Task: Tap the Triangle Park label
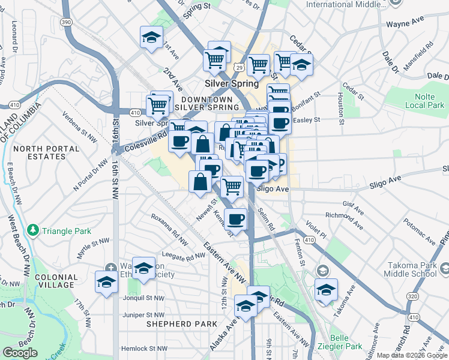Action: [58, 230]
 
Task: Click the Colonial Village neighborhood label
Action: [56, 282]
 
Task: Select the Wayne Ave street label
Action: [405, 25]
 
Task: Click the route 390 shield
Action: [65, 22]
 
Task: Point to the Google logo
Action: [20, 353]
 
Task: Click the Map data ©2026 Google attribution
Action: [412, 355]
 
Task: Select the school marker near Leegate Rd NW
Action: [143, 269]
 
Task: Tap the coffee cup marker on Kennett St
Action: [237, 219]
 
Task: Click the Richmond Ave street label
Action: [344, 220]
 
